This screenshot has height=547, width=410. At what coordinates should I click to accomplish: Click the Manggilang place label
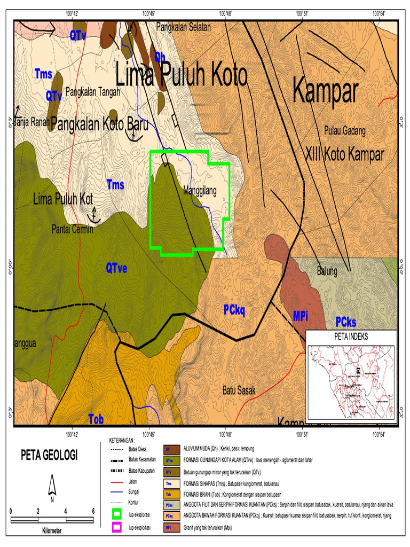click(200, 191)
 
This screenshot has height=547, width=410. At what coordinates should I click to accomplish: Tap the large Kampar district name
click(325, 92)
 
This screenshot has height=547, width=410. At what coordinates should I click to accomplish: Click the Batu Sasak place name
click(239, 390)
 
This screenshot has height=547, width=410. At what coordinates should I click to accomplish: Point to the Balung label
click(327, 271)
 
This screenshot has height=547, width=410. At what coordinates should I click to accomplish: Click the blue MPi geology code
click(301, 316)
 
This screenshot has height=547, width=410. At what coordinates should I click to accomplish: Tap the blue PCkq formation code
click(234, 309)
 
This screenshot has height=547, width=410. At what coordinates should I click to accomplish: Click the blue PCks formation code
click(346, 322)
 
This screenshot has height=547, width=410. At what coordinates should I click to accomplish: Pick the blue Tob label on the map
click(96, 418)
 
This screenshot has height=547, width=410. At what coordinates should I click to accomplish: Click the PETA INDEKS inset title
click(351, 337)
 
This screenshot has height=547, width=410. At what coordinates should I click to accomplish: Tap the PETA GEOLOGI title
click(49, 455)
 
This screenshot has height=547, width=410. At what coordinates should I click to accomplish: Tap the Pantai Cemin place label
click(73, 230)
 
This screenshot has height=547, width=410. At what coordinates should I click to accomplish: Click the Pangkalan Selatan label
click(183, 26)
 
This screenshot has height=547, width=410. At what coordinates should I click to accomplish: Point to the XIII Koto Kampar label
click(344, 155)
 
